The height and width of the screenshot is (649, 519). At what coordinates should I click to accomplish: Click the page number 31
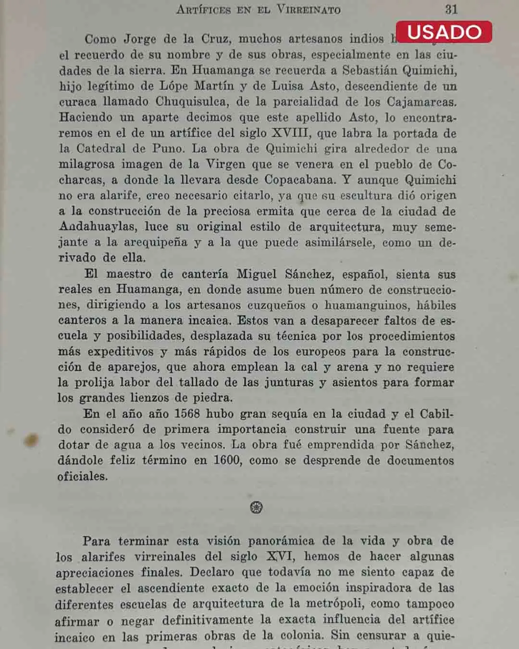(x=451, y=9)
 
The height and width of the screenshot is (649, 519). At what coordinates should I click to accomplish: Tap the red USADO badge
(x=444, y=32)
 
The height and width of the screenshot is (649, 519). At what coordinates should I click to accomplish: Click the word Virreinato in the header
(x=308, y=10)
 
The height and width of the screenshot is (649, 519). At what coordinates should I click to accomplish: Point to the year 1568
(x=186, y=413)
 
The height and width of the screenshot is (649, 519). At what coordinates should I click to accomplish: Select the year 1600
(x=227, y=460)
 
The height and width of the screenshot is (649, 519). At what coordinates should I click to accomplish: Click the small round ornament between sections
(x=257, y=507)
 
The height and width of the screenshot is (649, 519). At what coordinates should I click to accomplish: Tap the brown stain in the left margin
(x=31, y=439)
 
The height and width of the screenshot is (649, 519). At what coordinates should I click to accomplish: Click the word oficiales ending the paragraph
(x=82, y=476)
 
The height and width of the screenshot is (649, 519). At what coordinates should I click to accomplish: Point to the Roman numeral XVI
(x=279, y=556)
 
